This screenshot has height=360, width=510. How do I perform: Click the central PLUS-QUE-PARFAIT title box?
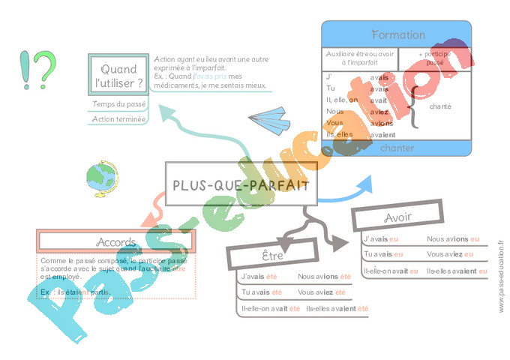pyautogui.click(x=240, y=184)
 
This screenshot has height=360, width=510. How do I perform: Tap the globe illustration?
pyautogui.click(x=101, y=180)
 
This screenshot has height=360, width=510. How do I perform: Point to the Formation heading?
pyautogui.click(x=397, y=35)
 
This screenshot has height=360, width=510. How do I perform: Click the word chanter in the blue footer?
pyautogui.click(x=397, y=147)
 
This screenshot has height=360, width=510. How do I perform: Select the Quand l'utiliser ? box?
pyautogui.click(x=118, y=75)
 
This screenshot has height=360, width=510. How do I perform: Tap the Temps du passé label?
pyautogui.click(x=118, y=104)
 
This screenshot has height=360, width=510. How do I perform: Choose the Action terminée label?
pyautogui.click(x=118, y=118)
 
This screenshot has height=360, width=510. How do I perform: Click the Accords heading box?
pyautogui.click(x=115, y=241)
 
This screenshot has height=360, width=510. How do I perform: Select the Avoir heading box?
pyautogui.click(x=397, y=217)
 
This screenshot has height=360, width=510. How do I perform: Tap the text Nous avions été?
pyautogui.click(x=324, y=277)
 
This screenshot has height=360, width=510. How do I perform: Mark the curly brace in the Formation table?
pyautogui.click(x=412, y=106)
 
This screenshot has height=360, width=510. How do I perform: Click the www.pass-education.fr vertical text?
pyautogui.click(x=500, y=277)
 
